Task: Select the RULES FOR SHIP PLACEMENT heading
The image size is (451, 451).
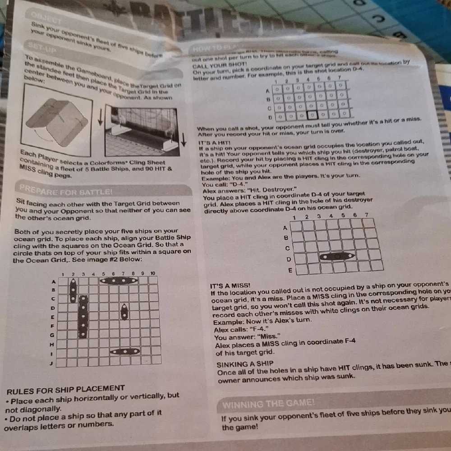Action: pos(65,388)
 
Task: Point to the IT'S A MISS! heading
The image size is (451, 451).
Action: pos(230,286)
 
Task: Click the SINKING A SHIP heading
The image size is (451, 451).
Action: pos(245,364)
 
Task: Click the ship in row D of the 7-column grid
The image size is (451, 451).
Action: pos(336,256)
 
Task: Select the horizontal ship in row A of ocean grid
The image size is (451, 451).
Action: pos(119,281)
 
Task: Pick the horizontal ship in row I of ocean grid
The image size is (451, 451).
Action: pos(125,351)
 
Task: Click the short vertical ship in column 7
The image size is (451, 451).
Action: pos(124,312)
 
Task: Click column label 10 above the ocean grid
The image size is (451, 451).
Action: pos(153,273)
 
